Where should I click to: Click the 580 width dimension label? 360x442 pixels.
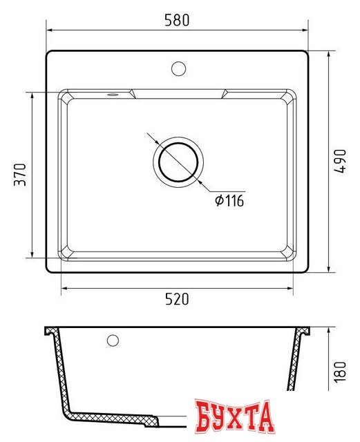click(x=177, y=20)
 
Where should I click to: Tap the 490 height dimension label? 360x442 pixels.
click(x=340, y=161)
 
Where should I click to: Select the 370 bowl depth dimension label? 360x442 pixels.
click(x=20, y=174)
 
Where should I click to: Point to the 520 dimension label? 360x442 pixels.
click(x=177, y=299)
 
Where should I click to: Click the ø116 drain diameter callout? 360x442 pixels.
click(x=229, y=201)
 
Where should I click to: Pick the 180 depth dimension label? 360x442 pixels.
click(x=340, y=372)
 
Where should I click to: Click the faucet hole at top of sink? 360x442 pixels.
click(x=178, y=68)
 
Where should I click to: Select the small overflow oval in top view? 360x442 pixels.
click(x=113, y=95)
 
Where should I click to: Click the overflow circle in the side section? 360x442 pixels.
click(x=113, y=340)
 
